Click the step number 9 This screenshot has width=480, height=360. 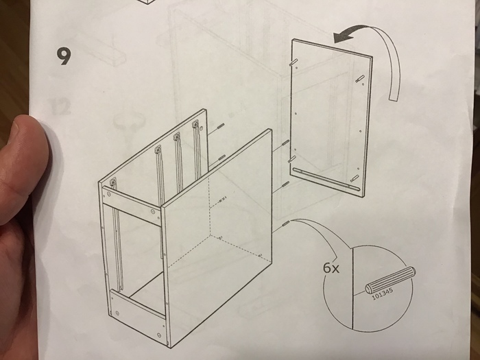64,56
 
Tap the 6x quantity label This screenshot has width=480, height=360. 331,268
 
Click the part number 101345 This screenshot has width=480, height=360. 383,294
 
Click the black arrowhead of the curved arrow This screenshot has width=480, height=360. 342,37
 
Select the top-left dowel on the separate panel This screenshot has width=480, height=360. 292,62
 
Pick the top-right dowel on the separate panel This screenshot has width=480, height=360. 359,78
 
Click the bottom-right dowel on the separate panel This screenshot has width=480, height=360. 355,178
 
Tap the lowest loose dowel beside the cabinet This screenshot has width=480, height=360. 285,224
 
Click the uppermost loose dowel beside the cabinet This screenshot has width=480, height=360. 220,125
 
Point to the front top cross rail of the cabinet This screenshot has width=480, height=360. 132,202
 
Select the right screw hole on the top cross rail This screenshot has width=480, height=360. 153,211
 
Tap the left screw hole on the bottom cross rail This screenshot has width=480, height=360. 117,313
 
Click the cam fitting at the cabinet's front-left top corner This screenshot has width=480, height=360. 113,182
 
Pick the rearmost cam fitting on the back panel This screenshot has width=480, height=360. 195,124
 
